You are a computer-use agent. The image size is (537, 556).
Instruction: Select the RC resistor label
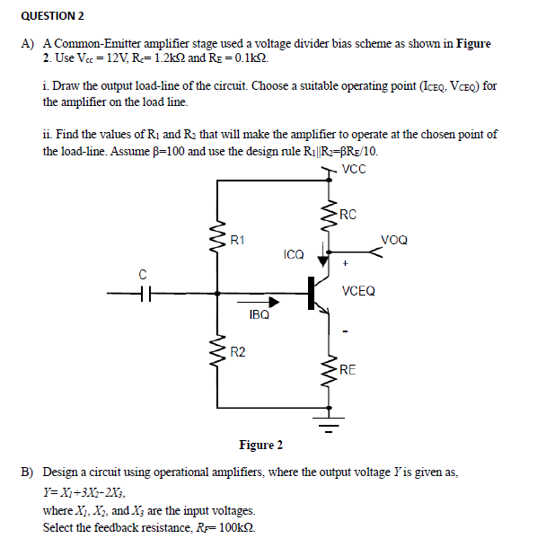point(349,214)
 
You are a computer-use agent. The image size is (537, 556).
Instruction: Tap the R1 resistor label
point(237,240)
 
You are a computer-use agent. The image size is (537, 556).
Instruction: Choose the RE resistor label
point(347,368)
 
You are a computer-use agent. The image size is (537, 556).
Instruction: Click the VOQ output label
point(393,240)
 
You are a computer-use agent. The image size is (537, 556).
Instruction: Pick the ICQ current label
point(294,255)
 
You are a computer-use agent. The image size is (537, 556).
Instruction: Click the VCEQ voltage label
point(359,291)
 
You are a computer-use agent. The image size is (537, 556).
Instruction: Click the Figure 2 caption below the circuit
point(261,445)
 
